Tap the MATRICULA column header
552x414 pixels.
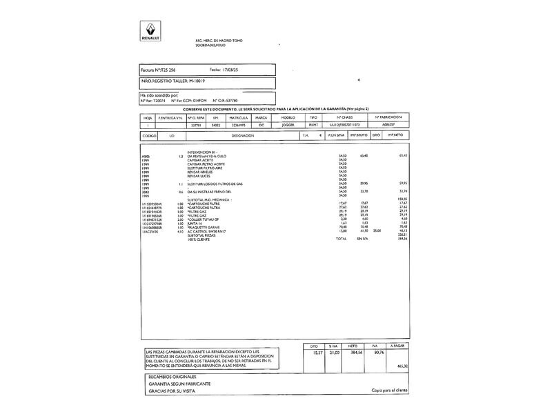239,118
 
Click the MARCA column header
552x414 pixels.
261,118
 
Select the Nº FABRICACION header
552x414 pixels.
388,118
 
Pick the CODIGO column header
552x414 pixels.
149,136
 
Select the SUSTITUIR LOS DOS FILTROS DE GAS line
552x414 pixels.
215,184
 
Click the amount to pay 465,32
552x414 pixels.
402,366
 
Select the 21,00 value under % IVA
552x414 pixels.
335,352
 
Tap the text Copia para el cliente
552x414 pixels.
390,391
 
